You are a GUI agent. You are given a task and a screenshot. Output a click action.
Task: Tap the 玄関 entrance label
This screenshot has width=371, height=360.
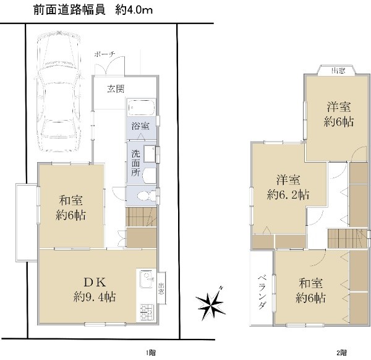116,89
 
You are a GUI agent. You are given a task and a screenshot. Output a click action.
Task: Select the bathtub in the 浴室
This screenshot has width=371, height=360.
142,108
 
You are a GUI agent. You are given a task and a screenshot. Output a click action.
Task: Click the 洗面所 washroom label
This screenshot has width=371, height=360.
136,163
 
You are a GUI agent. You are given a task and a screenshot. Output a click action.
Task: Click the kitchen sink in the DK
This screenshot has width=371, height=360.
147,279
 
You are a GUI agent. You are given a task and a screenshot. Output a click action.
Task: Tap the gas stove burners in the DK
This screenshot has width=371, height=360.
147,312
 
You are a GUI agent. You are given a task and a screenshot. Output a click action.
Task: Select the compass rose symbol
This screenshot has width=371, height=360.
210,303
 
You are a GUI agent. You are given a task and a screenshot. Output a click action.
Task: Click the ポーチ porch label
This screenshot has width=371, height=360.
104,54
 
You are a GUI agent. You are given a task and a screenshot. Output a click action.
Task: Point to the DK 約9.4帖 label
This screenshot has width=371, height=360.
95,289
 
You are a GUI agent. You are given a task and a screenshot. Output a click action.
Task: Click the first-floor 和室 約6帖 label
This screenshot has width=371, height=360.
70,208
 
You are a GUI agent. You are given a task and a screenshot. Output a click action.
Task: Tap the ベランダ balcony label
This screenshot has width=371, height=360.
262,292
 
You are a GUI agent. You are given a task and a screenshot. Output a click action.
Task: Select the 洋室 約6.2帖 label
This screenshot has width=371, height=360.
288,187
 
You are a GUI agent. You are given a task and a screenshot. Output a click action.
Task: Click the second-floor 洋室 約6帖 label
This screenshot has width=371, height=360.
339,114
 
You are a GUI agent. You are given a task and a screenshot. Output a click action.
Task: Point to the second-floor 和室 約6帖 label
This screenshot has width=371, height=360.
310,291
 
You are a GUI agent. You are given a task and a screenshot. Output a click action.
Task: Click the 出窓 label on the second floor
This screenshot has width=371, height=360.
338,71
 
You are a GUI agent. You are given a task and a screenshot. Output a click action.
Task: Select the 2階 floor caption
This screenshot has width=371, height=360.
342,353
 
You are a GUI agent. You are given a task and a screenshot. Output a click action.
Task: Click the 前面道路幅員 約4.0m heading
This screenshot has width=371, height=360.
93,11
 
